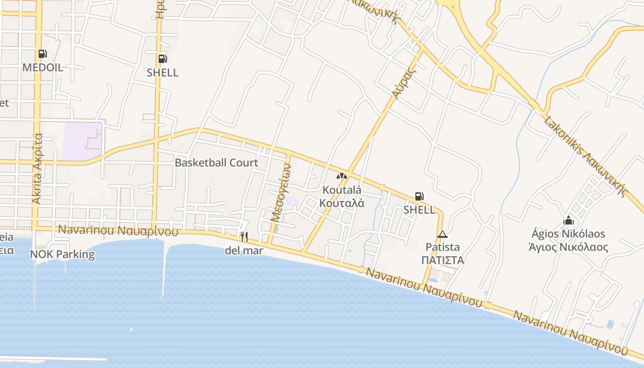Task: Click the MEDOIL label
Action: pyautogui.click(x=43, y=68)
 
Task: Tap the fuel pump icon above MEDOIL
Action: pyautogui.click(x=42, y=54)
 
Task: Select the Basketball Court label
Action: pyautogui.click(x=216, y=163)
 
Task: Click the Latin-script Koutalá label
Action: pyautogui.click(x=342, y=190)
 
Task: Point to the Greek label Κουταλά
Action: pyautogui.click(x=342, y=203)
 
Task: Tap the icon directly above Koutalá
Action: pyautogui.click(x=341, y=176)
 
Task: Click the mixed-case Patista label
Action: pyautogui.click(x=442, y=247)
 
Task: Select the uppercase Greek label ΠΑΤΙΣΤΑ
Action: pyautogui.click(x=442, y=260)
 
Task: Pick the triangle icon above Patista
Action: pyautogui.click(x=442, y=234)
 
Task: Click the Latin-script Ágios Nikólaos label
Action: pyautogui.click(x=568, y=234)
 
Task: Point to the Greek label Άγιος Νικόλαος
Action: pyautogui.click(x=568, y=247)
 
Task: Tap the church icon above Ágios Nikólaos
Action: pyautogui.click(x=568, y=220)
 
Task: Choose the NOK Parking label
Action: pyautogui.click(x=62, y=254)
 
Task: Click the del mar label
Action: pyautogui.click(x=244, y=251)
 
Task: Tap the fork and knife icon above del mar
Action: pyautogui.click(x=244, y=237)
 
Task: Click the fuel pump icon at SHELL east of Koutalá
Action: pyautogui.click(x=419, y=197)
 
